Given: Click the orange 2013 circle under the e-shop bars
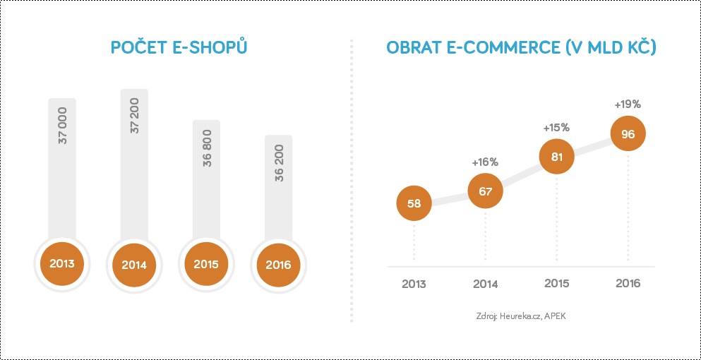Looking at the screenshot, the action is [x=62, y=263].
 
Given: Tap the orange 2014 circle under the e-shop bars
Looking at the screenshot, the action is [x=134, y=265].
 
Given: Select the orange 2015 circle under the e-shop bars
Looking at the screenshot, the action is [x=206, y=264].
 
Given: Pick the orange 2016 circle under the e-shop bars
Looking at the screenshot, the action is [x=278, y=265].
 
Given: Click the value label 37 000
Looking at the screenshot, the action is [x=62, y=125].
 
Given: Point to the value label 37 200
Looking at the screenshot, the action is [x=135, y=115].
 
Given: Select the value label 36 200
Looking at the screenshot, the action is [x=279, y=162].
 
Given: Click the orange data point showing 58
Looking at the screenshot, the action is [x=414, y=203].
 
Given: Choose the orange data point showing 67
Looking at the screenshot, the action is [x=486, y=191].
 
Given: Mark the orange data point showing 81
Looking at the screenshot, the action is [x=556, y=157].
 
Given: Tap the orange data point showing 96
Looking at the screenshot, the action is [x=628, y=133].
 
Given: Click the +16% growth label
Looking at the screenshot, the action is [x=485, y=162].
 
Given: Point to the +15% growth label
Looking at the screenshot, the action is [x=556, y=128].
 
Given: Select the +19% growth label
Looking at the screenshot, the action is [x=628, y=104].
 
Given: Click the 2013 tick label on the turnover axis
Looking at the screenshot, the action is [x=414, y=284].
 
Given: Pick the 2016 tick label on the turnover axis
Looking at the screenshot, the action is [x=628, y=283].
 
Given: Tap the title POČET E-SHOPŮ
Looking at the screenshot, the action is [x=179, y=47].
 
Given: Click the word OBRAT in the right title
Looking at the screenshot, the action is [x=414, y=48].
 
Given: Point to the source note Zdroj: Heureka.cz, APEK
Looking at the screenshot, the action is [x=521, y=316].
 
